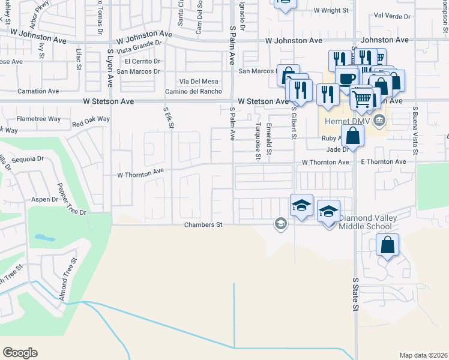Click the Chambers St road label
(x=203, y=224)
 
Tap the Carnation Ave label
(x=38, y=91)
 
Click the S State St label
(x=355, y=294)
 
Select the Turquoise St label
(x=258, y=142)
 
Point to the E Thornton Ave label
(x=384, y=162)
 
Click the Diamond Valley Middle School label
(x=366, y=222)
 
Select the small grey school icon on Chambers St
(x=280, y=224)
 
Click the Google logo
(x=20, y=353)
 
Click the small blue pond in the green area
(x=46, y=238)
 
